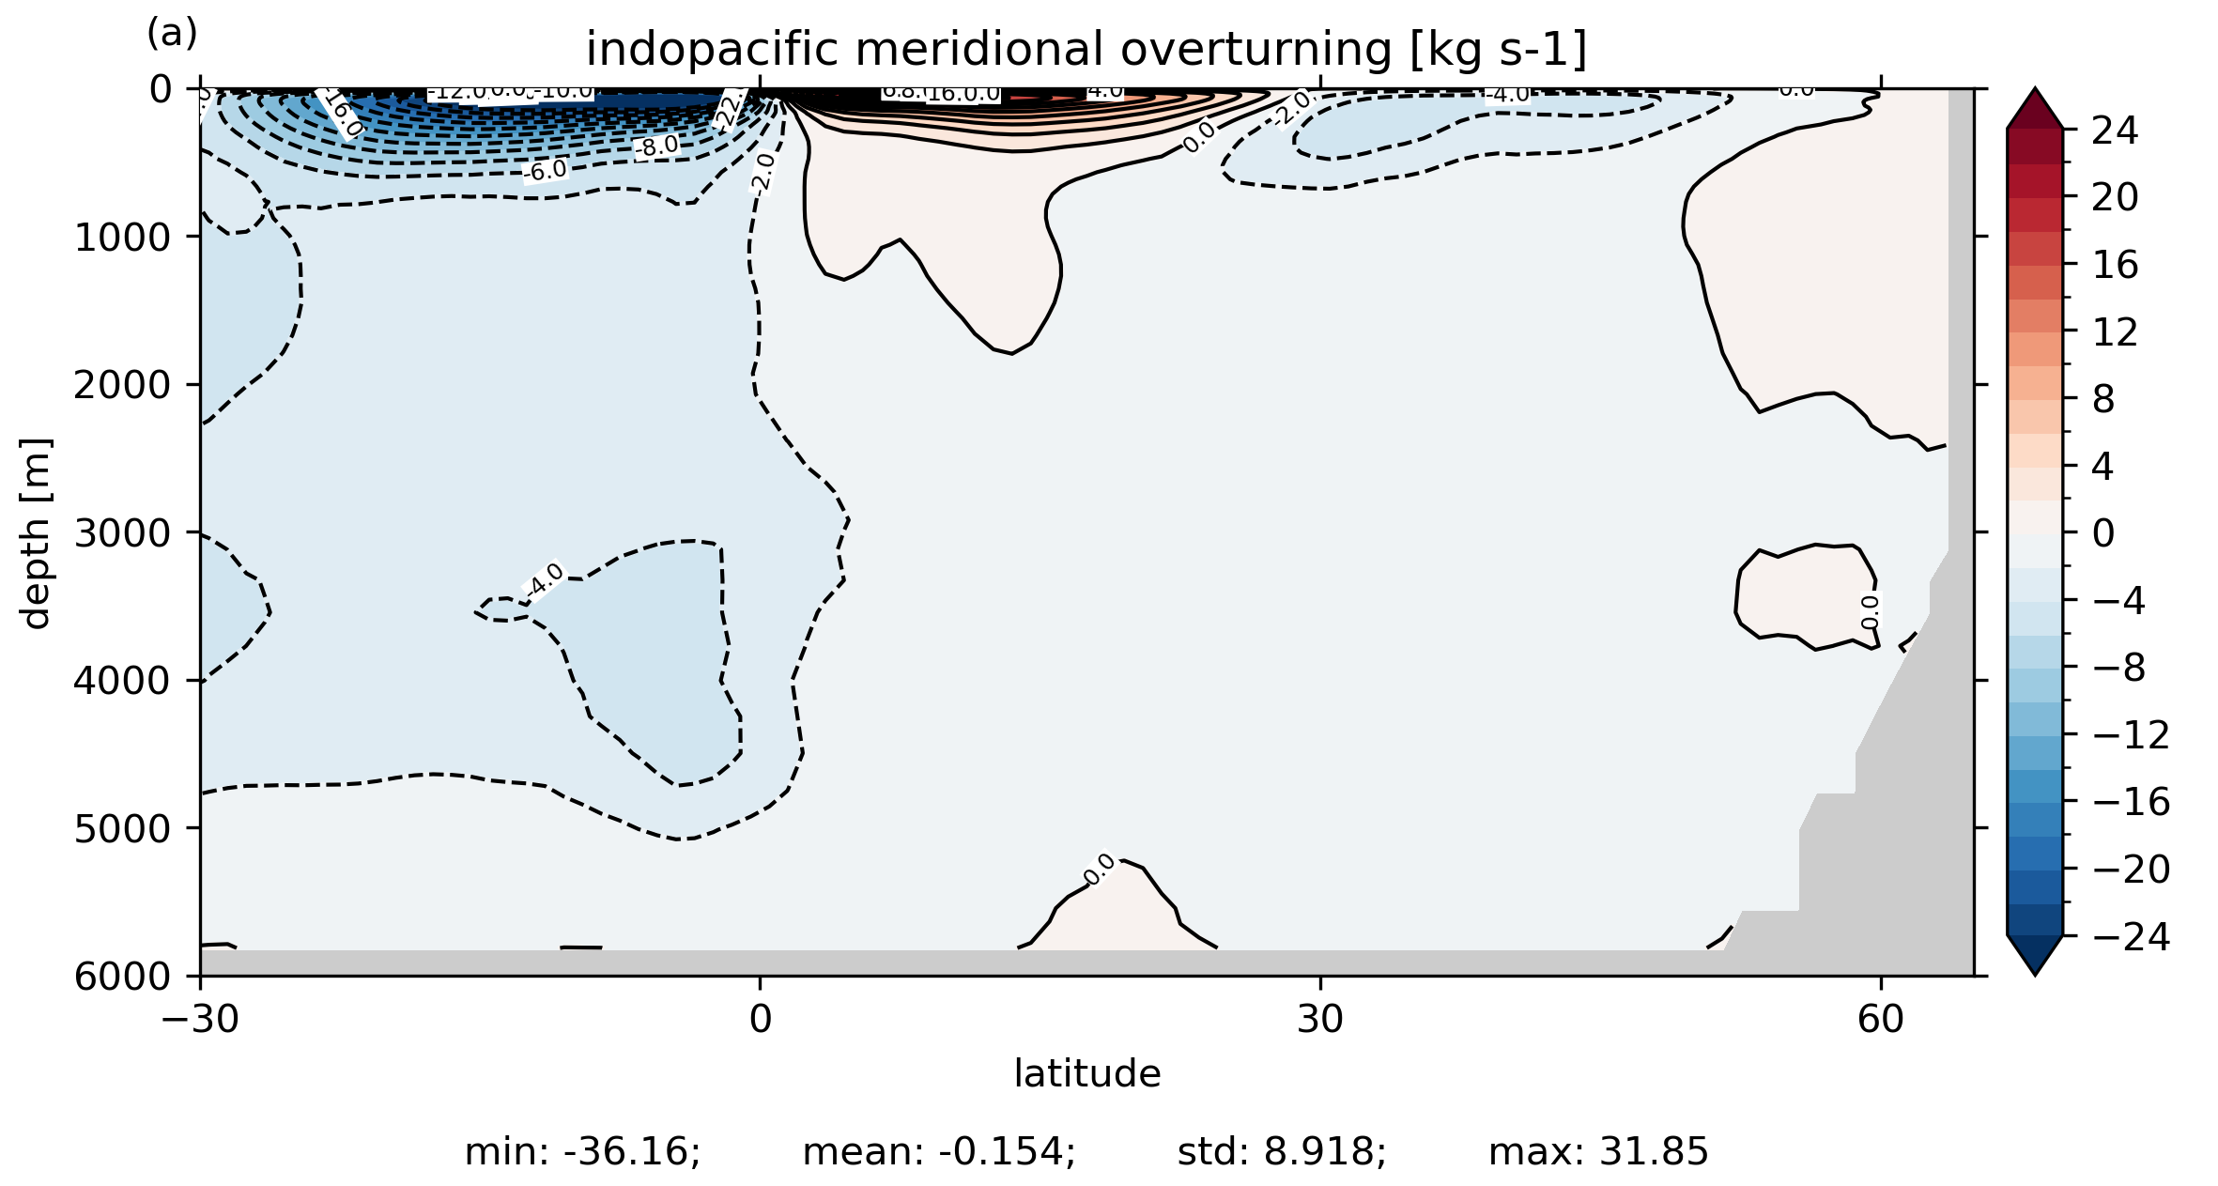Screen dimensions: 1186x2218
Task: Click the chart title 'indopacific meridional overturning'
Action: [1086, 50]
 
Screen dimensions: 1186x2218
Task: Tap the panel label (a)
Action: [172, 34]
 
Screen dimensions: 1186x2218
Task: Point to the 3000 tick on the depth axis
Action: [122, 533]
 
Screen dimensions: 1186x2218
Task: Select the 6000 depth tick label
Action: [122, 978]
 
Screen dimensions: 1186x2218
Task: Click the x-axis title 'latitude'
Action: [1086, 1074]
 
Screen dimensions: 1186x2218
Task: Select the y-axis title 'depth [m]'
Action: [36, 532]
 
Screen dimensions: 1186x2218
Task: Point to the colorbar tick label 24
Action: [2115, 131]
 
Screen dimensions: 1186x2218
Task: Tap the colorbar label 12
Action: [2115, 332]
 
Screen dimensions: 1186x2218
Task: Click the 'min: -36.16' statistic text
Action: [582, 1152]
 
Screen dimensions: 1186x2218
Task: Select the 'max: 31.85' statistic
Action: [1598, 1152]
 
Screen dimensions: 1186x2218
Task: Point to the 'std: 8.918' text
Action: [1281, 1152]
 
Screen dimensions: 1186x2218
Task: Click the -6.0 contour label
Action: [545, 170]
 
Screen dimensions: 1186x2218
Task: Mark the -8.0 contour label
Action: [656, 146]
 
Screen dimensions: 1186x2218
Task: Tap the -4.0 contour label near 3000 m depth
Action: [544, 578]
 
